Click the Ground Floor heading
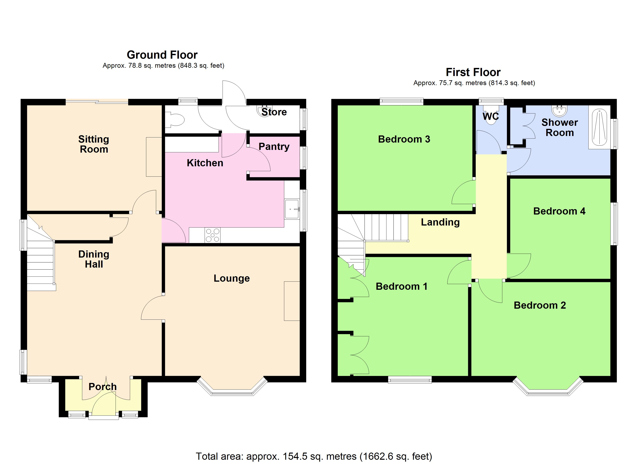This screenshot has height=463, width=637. (x=162, y=55)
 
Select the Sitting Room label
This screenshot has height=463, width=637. (x=94, y=144)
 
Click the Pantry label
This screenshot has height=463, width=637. (x=274, y=147)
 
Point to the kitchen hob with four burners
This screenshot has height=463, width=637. (x=213, y=235)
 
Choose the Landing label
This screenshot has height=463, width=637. (x=440, y=222)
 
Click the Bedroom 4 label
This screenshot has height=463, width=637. (x=559, y=211)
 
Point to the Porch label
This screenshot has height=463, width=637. (x=102, y=387)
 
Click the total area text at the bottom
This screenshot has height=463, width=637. (x=314, y=456)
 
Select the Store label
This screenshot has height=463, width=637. (x=274, y=112)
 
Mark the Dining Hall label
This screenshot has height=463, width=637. (x=94, y=259)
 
